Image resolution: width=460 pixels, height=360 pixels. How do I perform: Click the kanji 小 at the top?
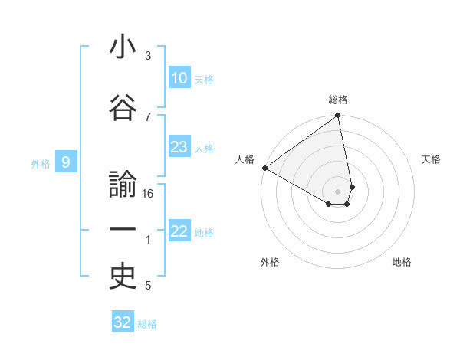coord(123,47)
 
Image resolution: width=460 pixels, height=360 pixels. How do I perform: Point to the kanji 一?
coord(123,230)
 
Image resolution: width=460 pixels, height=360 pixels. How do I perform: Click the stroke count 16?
coord(148,194)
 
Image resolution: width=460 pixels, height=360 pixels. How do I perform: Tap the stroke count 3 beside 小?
coord(148,56)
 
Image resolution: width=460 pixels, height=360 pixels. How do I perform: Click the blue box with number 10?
coord(179,78)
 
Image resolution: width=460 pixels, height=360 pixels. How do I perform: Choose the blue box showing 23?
coord(179,147)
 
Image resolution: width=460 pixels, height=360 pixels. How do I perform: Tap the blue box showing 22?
coord(179,231)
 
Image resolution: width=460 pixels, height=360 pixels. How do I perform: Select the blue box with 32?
coord(123,322)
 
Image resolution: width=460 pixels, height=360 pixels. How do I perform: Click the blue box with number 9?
coord(66,162)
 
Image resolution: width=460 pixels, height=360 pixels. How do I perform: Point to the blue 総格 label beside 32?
coord(147,324)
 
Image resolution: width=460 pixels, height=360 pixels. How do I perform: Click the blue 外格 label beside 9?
coord(41,163)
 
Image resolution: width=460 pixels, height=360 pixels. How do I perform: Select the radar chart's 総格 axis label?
coord(338,100)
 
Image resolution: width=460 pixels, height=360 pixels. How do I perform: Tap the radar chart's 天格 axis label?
coord(431,159)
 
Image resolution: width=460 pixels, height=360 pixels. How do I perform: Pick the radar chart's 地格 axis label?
coord(402,262)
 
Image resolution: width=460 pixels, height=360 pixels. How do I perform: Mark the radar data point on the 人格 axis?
coord(264,168)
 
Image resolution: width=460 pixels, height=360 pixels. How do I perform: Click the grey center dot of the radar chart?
coord(338,190)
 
